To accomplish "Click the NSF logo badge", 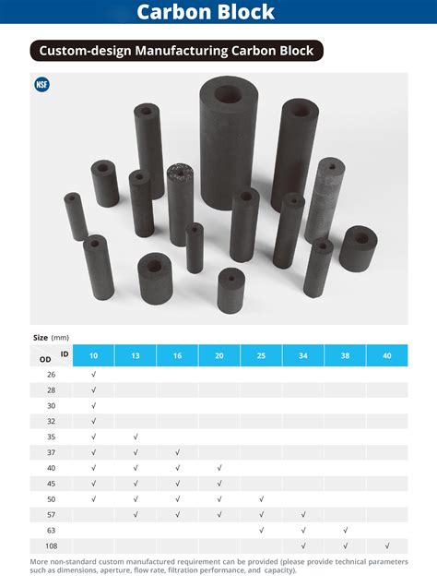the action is click(x=41, y=84).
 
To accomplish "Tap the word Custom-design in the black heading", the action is click(x=85, y=51).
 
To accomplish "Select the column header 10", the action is click(x=93, y=355).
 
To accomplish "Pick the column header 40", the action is click(x=387, y=355).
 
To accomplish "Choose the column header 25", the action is click(x=261, y=355).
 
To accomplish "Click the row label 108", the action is click(x=52, y=545).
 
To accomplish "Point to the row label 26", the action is click(x=52, y=375).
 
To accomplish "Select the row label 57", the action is click(x=52, y=515).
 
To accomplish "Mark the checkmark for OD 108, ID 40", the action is click(x=387, y=545).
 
